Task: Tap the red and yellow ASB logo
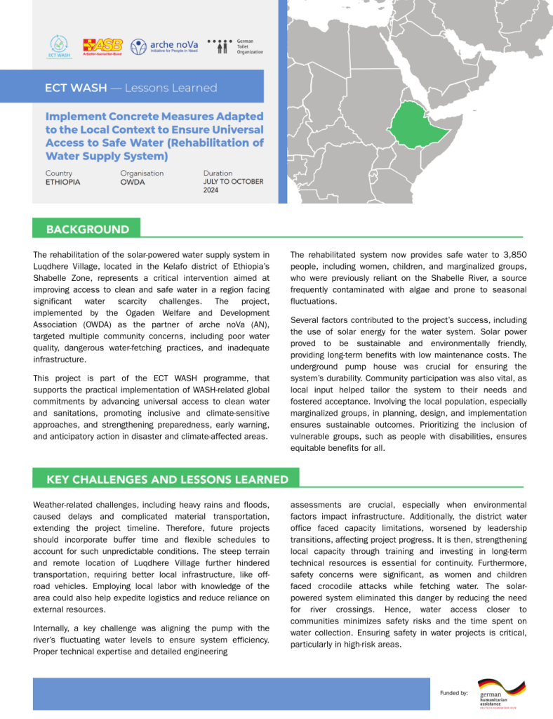(x=102, y=46)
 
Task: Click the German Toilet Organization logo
(x=241, y=46)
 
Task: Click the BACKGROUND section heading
(x=87, y=229)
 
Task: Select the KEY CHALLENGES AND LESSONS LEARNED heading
(x=167, y=479)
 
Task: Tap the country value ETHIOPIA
(x=62, y=182)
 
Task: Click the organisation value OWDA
(x=133, y=182)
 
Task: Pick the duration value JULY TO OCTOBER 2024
(x=233, y=186)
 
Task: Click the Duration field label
(x=218, y=173)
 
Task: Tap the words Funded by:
(x=454, y=693)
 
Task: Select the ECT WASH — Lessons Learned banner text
(x=131, y=88)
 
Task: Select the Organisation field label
(x=142, y=173)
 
